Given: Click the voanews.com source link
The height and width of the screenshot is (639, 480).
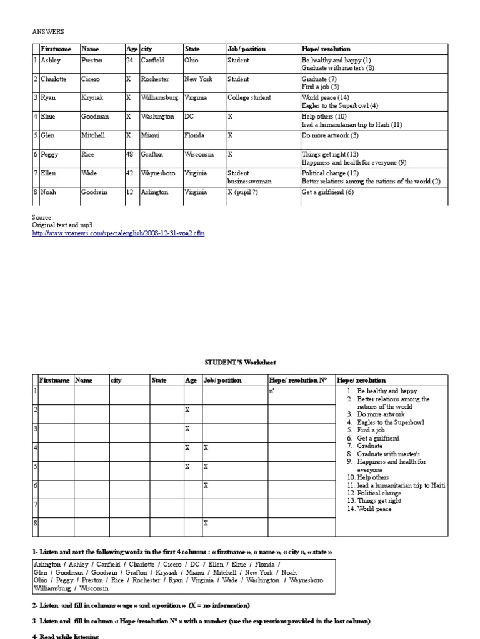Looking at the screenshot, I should click(x=118, y=233).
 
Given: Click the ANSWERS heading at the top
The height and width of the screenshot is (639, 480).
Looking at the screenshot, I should click(x=47, y=30).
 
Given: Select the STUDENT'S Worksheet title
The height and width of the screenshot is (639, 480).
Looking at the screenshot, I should click(x=240, y=363).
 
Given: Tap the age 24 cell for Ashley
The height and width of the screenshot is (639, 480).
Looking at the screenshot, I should click(x=129, y=61).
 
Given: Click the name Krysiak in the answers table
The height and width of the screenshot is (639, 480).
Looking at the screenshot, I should click(x=92, y=98).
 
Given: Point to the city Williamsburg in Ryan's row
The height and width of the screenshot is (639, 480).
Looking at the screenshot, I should click(x=159, y=98).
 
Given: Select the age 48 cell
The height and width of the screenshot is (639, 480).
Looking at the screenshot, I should click(x=129, y=154).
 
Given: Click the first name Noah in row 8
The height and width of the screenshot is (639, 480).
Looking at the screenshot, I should click(x=49, y=192).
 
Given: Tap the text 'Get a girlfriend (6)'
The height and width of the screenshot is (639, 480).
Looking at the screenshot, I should click(x=327, y=192).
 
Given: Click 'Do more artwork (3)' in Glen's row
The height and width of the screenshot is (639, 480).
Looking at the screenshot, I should click(x=330, y=135).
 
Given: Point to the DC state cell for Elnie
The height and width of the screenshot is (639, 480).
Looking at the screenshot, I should click(x=189, y=117).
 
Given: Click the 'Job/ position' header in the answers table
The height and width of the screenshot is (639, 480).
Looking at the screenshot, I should click(x=247, y=49).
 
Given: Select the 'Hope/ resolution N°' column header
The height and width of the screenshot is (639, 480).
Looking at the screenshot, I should click(x=298, y=379).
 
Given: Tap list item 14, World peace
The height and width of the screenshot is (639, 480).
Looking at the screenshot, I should click(x=375, y=509).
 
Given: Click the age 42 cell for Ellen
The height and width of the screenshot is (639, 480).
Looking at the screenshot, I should click(x=129, y=173).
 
